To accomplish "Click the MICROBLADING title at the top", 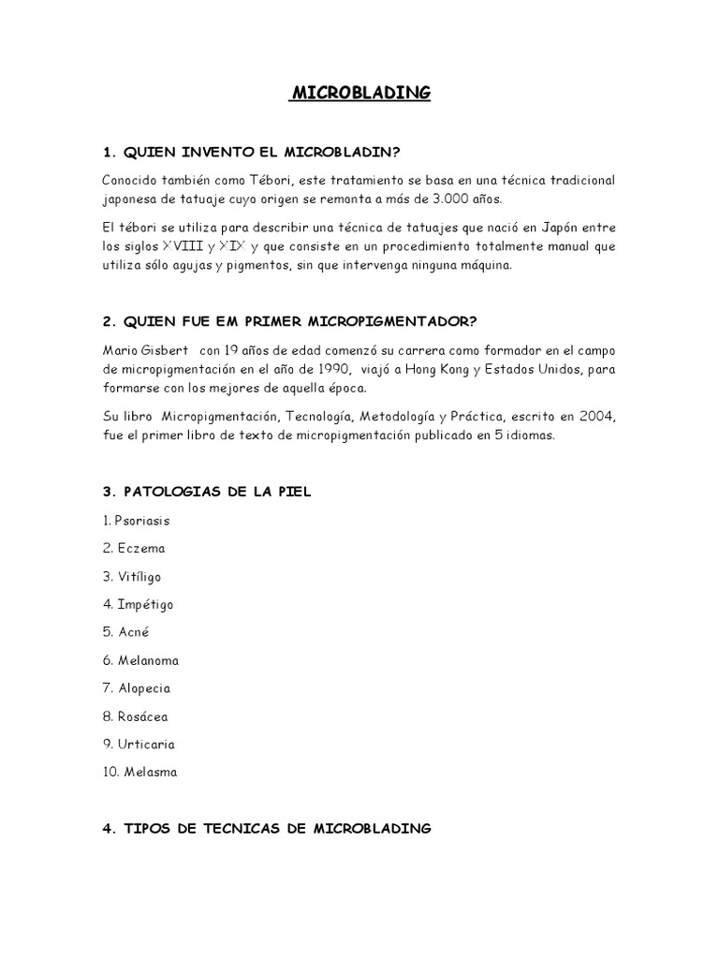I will (x=360, y=93).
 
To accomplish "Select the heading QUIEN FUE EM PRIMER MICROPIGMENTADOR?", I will (x=290, y=321).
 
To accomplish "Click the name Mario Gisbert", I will (x=146, y=350).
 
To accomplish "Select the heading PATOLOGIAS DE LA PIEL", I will (x=207, y=492).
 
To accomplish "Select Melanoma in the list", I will (x=148, y=660).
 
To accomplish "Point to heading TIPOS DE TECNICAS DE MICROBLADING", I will (x=267, y=829).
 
